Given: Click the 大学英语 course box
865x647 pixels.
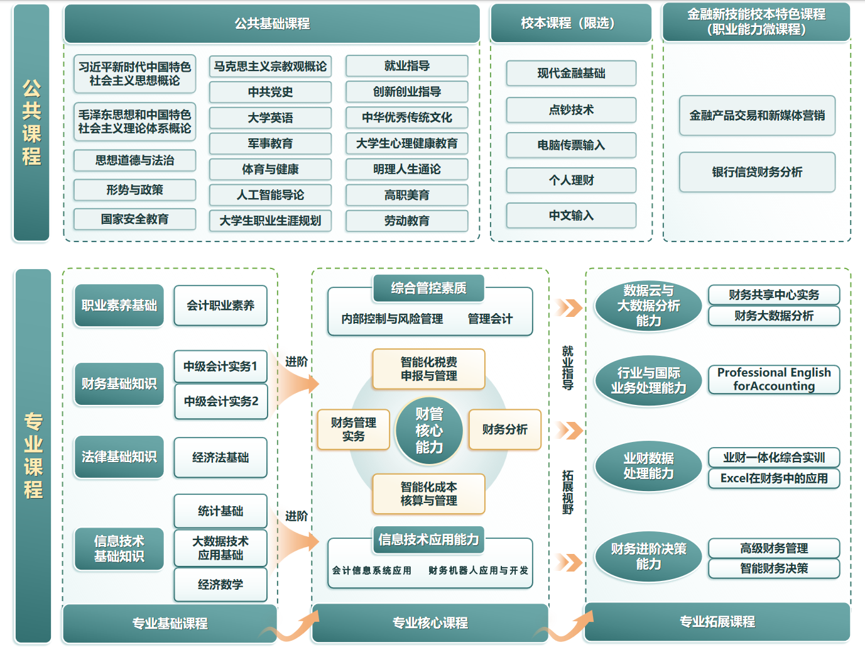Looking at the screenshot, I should click(x=270, y=118).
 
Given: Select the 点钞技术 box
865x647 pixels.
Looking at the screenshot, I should click(x=571, y=110).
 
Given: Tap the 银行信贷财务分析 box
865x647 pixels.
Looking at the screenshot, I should click(x=757, y=172).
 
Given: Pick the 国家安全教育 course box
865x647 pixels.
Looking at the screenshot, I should click(x=134, y=219).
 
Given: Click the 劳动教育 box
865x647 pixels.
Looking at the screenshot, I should click(x=406, y=221).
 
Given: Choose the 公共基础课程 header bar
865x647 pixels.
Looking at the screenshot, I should click(x=272, y=24).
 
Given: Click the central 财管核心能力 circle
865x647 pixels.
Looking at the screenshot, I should click(x=429, y=431).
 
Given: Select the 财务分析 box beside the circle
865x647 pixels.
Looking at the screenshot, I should click(x=504, y=429).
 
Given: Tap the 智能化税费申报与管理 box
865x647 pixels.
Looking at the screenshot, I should click(x=428, y=369).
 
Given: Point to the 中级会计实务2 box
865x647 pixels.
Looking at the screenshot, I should click(x=220, y=401).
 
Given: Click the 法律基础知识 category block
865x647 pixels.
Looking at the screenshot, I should click(x=119, y=456).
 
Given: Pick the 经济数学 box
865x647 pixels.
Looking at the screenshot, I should click(x=220, y=585).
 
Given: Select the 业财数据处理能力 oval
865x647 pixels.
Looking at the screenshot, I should click(x=648, y=466).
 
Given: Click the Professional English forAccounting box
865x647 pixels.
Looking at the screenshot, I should click(x=774, y=380).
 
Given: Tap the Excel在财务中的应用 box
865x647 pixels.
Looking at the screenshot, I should click(x=774, y=478).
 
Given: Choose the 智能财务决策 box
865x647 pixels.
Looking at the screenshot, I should click(x=774, y=568).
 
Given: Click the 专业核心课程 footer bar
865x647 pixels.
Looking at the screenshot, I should click(x=430, y=623).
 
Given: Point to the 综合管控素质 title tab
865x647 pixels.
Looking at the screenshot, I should click(x=428, y=289).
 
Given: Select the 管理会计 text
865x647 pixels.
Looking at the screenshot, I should click(x=490, y=319).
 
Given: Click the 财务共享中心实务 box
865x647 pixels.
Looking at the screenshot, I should click(x=774, y=295).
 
